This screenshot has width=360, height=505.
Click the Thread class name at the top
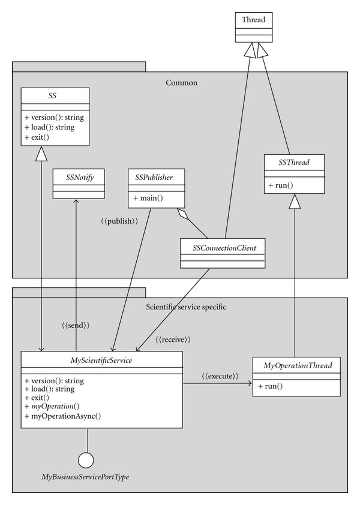click(x=253, y=20)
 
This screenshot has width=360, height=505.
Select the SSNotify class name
click(x=80, y=177)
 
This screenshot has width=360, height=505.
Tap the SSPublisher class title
click(x=154, y=177)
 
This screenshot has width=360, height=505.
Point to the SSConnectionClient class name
click(x=224, y=248)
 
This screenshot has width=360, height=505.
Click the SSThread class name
click(x=294, y=162)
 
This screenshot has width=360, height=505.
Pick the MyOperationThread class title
click(x=298, y=365)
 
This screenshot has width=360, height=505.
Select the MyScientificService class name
click(x=101, y=360)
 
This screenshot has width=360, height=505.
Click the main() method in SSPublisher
click(x=148, y=198)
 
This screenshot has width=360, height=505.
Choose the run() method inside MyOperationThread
click(x=271, y=386)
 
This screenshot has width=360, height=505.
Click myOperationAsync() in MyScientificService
click(x=62, y=416)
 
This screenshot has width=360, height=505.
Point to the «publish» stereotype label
click(x=119, y=221)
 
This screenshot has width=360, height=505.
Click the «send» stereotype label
click(x=76, y=325)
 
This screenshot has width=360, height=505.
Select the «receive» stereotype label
click(x=173, y=339)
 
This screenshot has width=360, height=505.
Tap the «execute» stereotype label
click(x=220, y=376)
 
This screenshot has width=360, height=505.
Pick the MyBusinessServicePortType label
click(x=85, y=477)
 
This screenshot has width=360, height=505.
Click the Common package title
click(x=181, y=83)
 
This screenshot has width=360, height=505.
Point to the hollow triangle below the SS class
click(x=41, y=154)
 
